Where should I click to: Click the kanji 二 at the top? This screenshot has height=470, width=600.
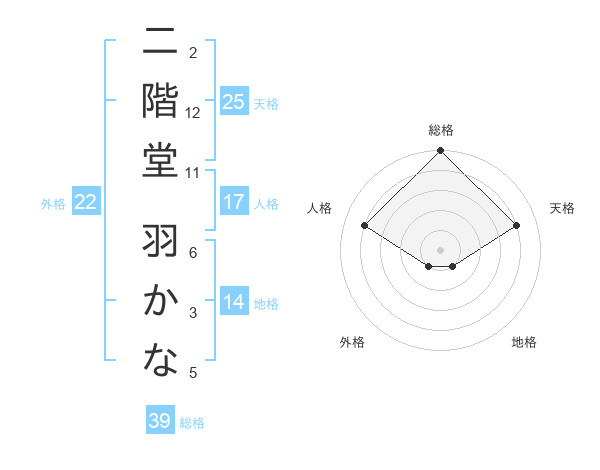click(160, 44)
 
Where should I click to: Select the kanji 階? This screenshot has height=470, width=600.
click(160, 100)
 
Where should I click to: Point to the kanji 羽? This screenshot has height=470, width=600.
click(160, 241)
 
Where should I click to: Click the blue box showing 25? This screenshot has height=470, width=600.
click(234, 101)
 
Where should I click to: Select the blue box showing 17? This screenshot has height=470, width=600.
click(234, 202)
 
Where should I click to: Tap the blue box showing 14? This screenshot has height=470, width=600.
click(234, 303)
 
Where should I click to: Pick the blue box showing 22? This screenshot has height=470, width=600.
click(85, 202)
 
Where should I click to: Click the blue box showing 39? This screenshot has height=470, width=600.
click(159, 421)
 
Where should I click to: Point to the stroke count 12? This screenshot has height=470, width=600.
click(193, 113)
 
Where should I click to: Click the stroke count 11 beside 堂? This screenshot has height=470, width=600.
click(193, 173)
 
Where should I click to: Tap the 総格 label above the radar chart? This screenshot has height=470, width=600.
click(441, 130)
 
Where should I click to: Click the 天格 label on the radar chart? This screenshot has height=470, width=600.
click(562, 208)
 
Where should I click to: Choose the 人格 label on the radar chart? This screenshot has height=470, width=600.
click(320, 208)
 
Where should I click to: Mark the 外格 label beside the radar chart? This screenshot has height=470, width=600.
click(352, 342)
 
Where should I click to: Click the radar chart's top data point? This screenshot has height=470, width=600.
click(441, 152)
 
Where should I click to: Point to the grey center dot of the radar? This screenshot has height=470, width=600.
click(441, 248)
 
